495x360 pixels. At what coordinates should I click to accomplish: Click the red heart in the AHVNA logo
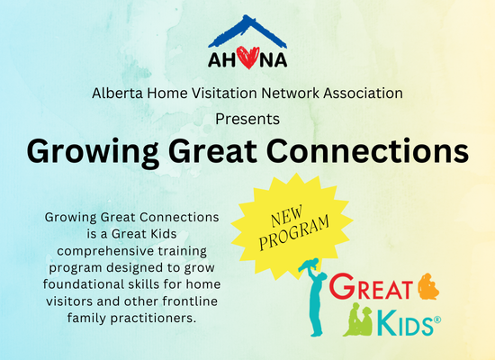coord(248,58)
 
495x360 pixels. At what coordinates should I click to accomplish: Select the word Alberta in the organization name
coord(117,94)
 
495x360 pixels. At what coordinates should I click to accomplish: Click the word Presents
coord(247,119)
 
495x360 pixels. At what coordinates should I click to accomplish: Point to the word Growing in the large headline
coord(93,152)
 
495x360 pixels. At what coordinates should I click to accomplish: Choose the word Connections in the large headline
coord(368,150)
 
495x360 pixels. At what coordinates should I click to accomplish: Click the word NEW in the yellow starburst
coord(286,216)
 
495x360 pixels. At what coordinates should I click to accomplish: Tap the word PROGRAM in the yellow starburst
coord(294,233)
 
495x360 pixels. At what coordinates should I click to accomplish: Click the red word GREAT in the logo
coord(371,287)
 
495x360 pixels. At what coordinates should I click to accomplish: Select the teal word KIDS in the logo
coord(405,323)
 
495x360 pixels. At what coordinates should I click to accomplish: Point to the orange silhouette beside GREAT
coord(428,286)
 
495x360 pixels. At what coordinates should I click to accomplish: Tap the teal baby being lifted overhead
coord(309,265)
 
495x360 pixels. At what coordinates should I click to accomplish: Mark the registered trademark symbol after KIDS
coord(437,319)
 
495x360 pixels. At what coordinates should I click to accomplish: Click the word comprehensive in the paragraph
coord(105,251)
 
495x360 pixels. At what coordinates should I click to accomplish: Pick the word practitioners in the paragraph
coord(153,318)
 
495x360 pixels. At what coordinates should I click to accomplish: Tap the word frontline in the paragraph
coord(190,301)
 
